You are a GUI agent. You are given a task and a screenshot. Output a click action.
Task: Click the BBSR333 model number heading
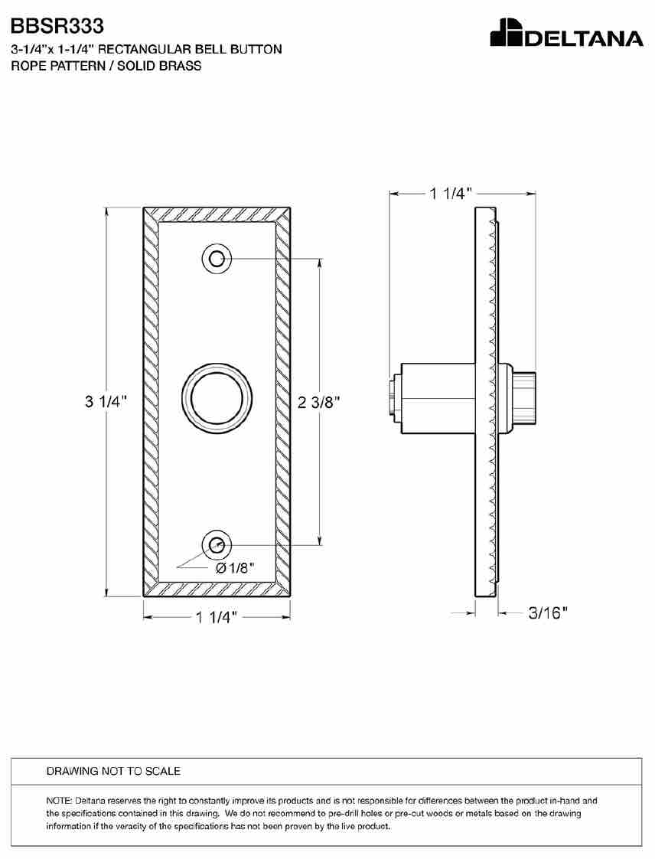coord(57,26)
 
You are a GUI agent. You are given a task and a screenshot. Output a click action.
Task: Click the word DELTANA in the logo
coord(585,38)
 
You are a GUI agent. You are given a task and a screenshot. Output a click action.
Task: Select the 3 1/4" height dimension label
coord(106,402)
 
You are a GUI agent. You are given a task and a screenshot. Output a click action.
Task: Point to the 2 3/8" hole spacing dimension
coord(319,403)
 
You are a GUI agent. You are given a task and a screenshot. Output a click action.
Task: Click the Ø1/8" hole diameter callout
coord(236,568)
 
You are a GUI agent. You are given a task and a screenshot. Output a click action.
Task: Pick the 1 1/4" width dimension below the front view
coord(217,617)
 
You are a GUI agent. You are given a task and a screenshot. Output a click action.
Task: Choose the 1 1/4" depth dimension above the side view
coord(451,194)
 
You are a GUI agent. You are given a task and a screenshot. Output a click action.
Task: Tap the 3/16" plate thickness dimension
coord(548,612)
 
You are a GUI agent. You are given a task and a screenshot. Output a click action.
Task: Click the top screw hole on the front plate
coord(217,258)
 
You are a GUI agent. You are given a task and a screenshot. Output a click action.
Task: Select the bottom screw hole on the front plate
coord(217,545)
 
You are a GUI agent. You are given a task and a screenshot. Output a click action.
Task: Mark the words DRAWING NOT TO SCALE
coord(113,771)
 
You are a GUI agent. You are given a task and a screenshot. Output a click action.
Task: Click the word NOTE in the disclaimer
coord(56,801)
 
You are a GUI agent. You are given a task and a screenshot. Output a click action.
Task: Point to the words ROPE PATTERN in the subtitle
coord(58,66)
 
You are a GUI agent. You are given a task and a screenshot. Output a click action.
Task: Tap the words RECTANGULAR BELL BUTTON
coord(190,49)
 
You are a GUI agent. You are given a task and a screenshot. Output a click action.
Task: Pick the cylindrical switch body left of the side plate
coord(437,398)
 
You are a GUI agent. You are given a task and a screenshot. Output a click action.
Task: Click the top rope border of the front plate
coord(217,214)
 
